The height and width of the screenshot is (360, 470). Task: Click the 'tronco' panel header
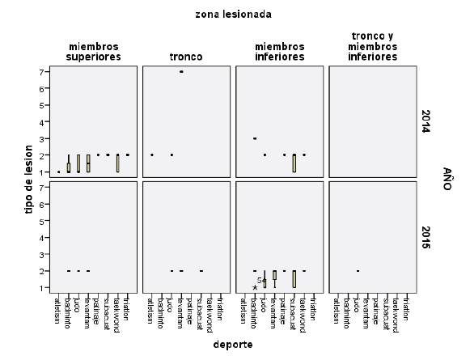pyautogui.click(x=186, y=57)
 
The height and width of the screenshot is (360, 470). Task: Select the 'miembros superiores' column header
pyautogui.click(x=93, y=52)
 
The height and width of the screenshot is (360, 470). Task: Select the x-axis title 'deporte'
pyautogui.click(x=233, y=344)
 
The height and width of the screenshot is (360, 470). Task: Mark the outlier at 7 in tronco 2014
pyautogui.click(x=181, y=72)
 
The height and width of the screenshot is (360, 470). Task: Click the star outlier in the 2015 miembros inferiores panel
pyautogui.click(x=255, y=287)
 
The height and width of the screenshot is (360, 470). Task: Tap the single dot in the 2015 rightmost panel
pyautogui.click(x=358, y=270)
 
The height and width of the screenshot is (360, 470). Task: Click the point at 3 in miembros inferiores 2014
pyautogui.click(x=255, y=138)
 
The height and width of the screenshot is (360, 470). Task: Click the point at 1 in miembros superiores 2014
pyautogui.click(x=59, y=172)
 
